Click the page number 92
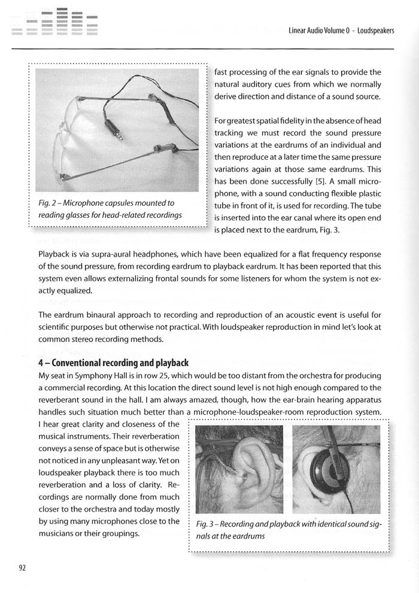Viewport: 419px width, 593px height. (22, 568)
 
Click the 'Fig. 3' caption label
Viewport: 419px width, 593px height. (207, 525)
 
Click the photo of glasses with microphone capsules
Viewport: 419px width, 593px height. (117, 130)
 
